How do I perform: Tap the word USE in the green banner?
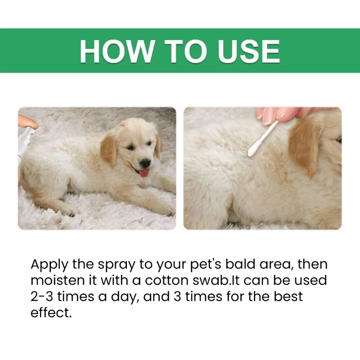[x=249, y=51]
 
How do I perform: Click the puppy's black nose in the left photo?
[x=145, y=163]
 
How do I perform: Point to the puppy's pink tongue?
[x=144, y=173]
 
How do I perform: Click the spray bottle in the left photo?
[x=25, y=142]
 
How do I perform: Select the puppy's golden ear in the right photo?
[x=304, y=147]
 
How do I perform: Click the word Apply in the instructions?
[x=49, y=265]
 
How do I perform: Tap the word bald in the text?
[x=240, y=264]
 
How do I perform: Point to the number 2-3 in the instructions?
[x=42, y=297]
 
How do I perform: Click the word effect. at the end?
[x=51, y=312]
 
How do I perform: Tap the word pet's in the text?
[x=206, y=265]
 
